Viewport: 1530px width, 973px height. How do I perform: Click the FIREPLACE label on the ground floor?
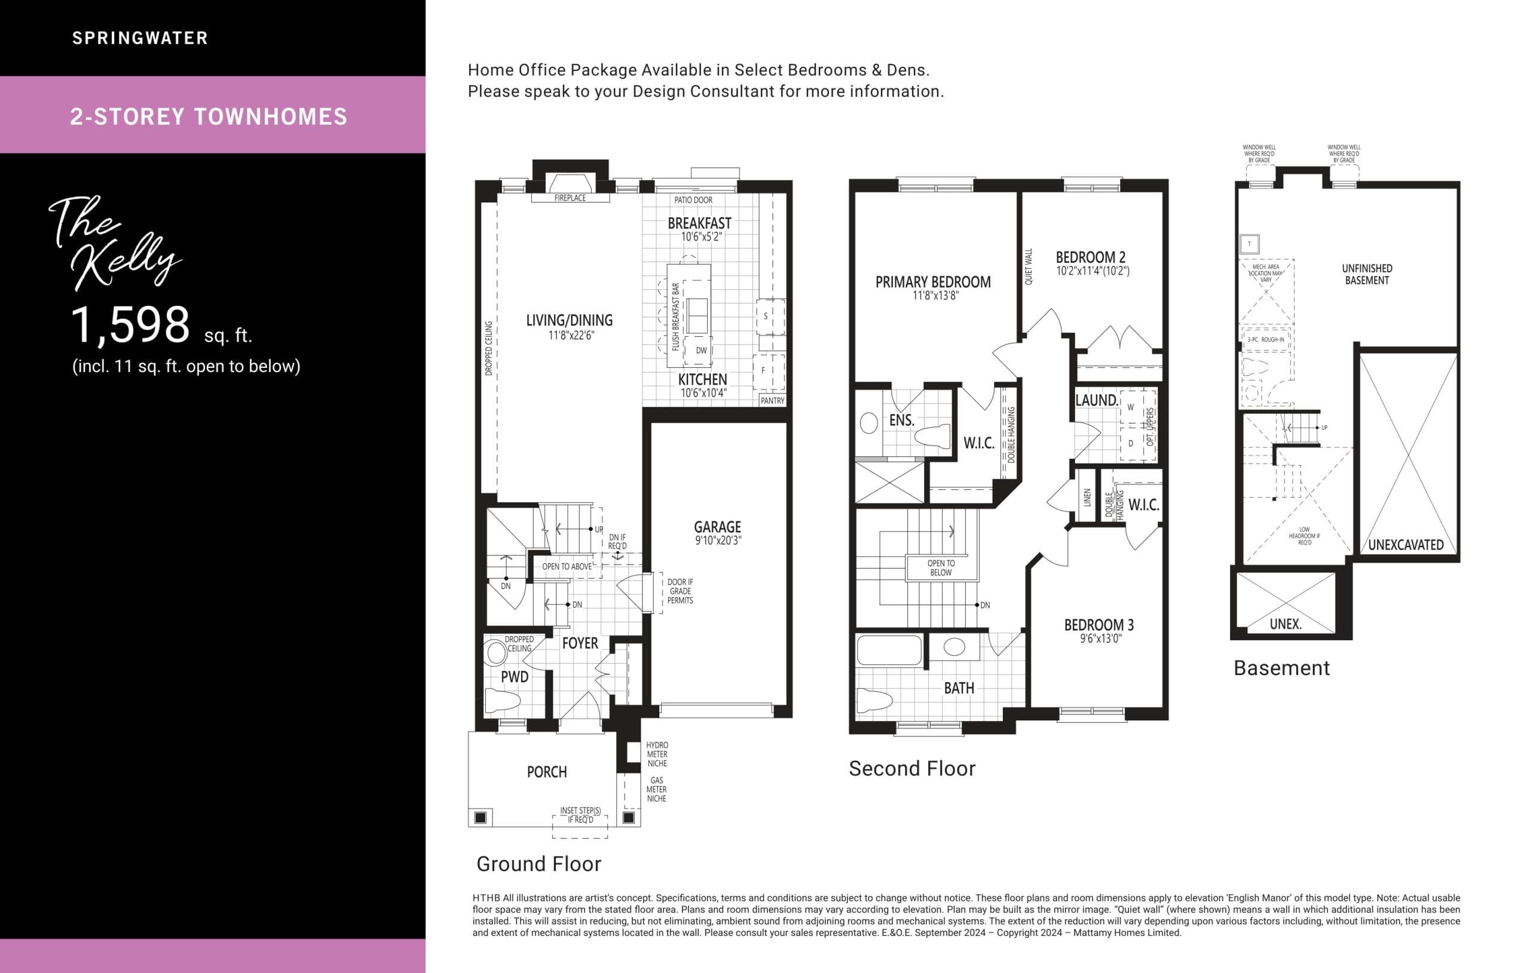pyautogui.click(x=570, y=198)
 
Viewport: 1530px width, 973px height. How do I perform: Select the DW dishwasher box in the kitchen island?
pyautogui.click(x=701, y=351)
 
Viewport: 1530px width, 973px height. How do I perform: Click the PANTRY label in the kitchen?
pyautogui.click(x=772, y=401)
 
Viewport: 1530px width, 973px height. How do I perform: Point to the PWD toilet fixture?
pyautogui.click(x=502, y=701)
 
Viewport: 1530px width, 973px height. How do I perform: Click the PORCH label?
pyautogui.click(x=546, y=772)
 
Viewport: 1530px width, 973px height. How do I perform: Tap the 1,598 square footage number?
pyautogui.click(x=130, y=325)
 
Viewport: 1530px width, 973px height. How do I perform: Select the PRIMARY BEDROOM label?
pyautogui.click(x=932, y=282)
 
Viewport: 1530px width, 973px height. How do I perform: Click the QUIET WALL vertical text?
pyautogui.click(x=1029, y=267)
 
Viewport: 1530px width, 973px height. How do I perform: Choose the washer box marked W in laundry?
pyautogui.click(x=1130, y=408)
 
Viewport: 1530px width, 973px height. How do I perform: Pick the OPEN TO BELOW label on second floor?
pyautogui.click(x=940, y=568)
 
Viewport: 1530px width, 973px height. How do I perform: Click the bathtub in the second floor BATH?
pyautogui.click(x=889, y=650)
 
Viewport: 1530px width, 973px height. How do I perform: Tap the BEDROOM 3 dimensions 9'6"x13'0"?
pyautogui.click(x=1100, y=639)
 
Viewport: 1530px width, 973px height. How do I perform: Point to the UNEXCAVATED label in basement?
pyautogui.click(x=1406, y=545)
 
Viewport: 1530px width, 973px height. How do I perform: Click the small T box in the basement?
pyautogui.click(x=1249, y=244)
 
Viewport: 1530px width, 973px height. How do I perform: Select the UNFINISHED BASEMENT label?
pyautogui.click(x=1366, y=274)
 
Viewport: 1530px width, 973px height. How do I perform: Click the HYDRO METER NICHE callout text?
pyautogui.click(x=657, y=754)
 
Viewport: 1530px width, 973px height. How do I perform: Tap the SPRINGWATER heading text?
pyautogui.click(x=140, y=38)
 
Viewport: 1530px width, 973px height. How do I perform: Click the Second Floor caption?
pyautogui.click(x=912, y=769)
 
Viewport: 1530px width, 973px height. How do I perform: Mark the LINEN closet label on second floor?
pyautogui.click(x=1087, y=498)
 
